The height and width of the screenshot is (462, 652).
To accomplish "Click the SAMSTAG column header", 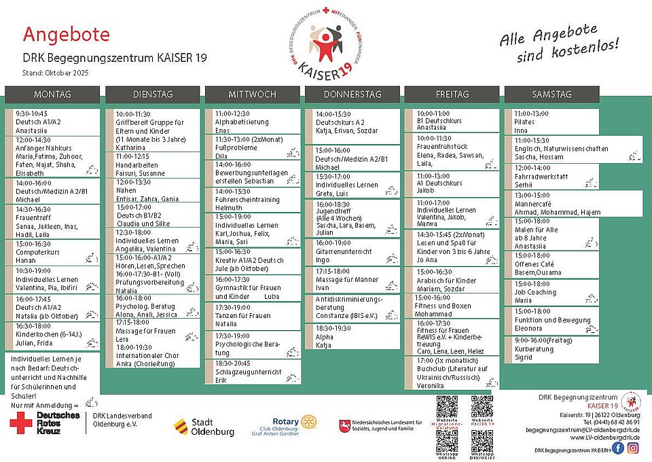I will pos(551,94).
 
